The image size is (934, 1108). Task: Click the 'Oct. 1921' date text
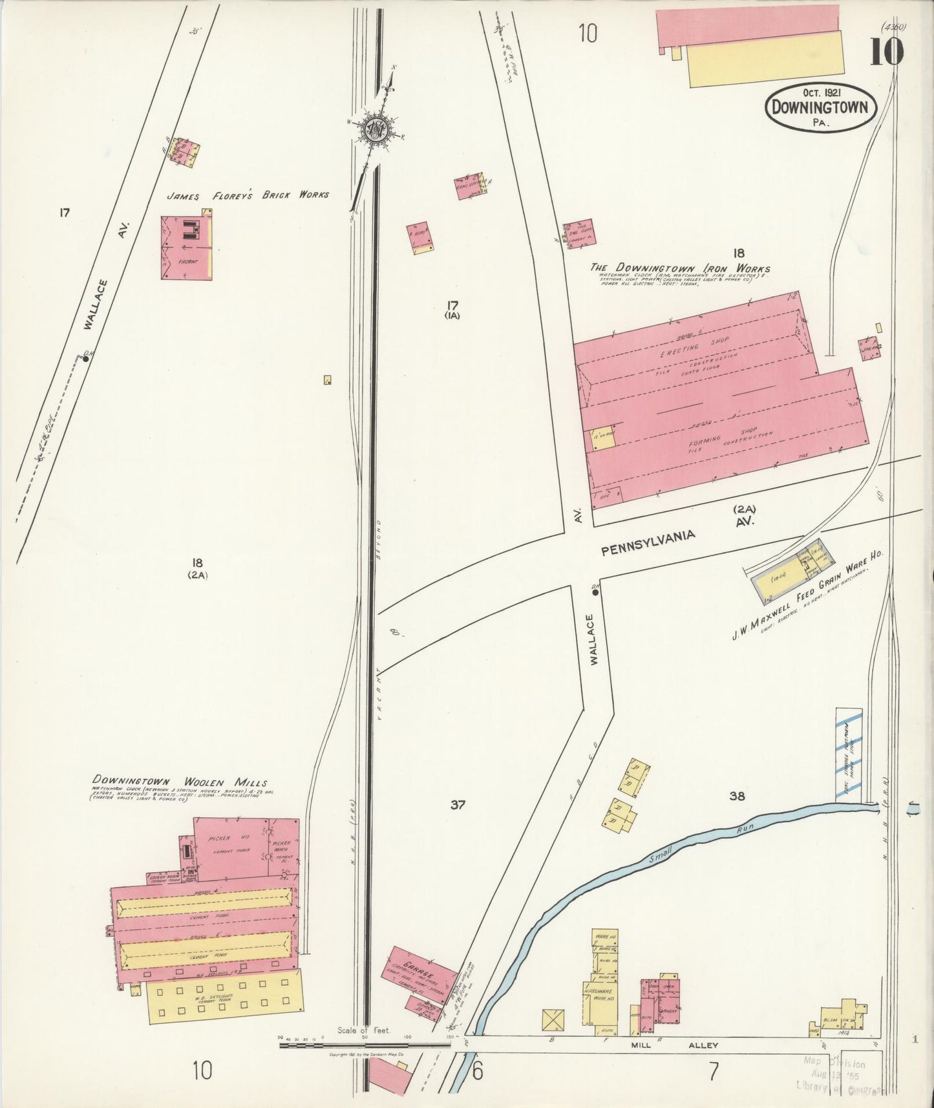821,93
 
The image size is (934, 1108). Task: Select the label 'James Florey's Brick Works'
248,195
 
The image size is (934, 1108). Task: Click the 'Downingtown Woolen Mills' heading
180,782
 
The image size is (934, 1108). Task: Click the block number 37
458,805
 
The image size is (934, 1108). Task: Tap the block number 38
737,796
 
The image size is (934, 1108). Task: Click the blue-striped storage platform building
849,754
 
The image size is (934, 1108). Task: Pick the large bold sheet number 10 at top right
886,52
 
